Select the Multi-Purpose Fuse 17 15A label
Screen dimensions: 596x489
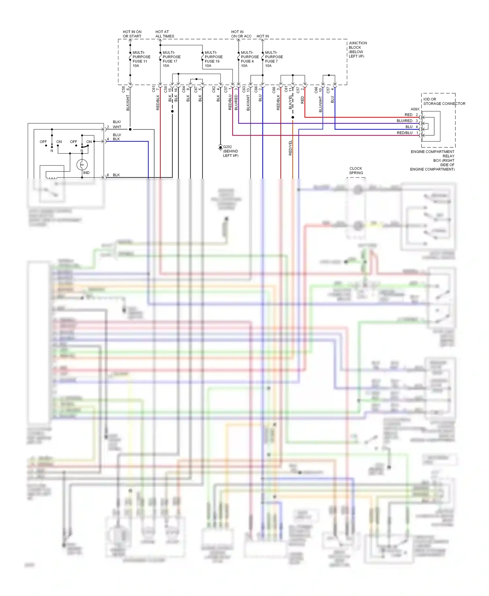[x=171, y=59]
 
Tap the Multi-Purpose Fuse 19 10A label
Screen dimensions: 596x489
[x=213, y=59]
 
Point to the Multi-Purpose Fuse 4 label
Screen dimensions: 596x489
[x=249, y=59]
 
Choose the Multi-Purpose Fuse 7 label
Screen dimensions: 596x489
[x=274, y=59]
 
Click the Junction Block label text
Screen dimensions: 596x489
[x=357, y=50]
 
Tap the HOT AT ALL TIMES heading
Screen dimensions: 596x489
[x=164, y=34]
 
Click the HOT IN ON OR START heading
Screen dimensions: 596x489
[x=132, y=34]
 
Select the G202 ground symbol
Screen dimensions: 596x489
[x=220, y=148]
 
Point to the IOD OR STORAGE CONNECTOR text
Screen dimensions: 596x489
[x=444, y=101]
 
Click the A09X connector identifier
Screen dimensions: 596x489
[x=415, y=109]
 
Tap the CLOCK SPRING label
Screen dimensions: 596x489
[x=356, y=171]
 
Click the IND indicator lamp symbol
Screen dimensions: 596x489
[x=82, y=165]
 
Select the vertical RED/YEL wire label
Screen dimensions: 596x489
[x=290, y=148]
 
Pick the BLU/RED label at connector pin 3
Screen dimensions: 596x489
[x=404, y=121]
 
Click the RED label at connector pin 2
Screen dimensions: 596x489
[x=408, y=115]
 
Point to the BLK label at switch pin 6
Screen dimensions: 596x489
[x=116, y=175]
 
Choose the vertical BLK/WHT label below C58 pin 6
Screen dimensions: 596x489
[x=128, y=103]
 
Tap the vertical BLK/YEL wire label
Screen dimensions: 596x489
[x=290, y=102]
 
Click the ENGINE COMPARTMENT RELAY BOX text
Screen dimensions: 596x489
[x=433, y=160]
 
